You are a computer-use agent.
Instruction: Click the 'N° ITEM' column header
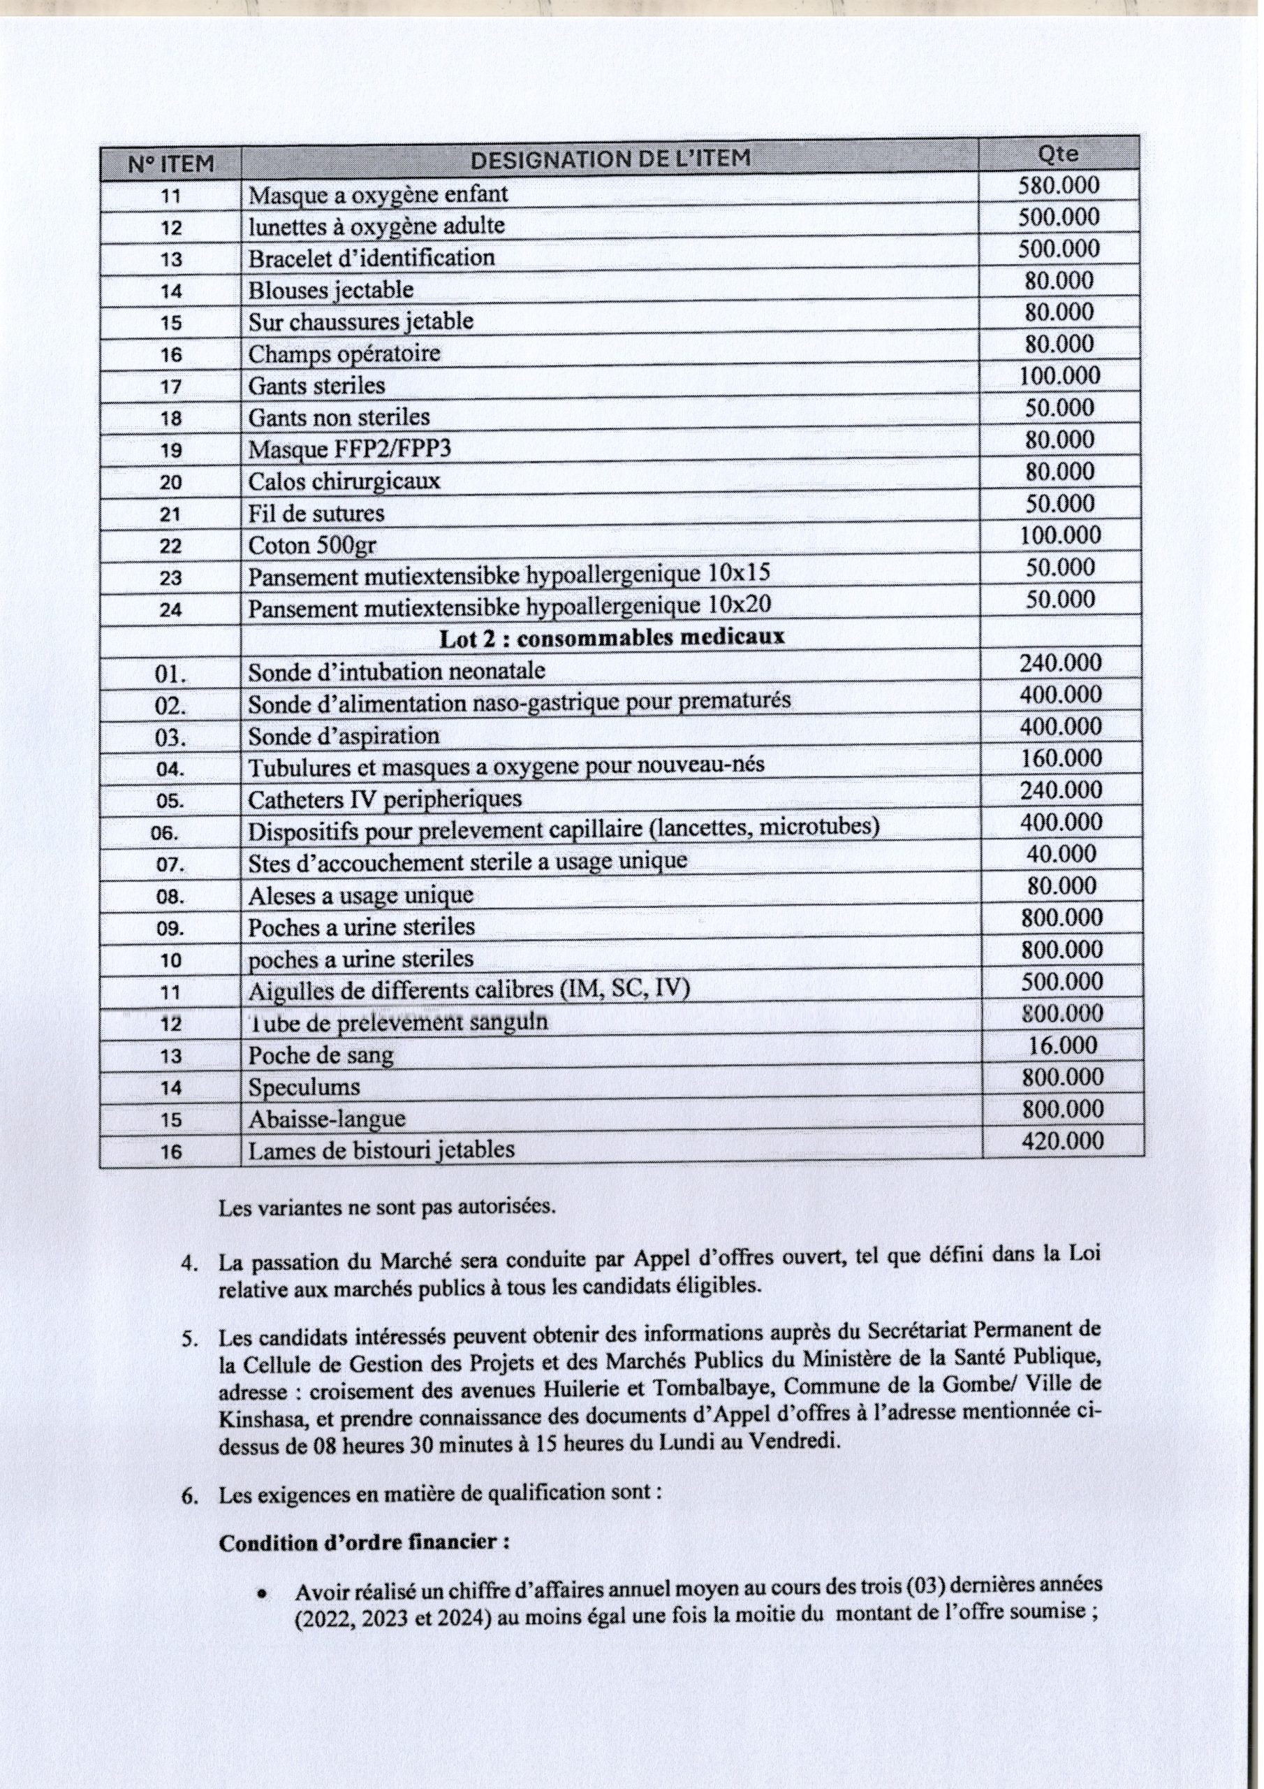[170, 164]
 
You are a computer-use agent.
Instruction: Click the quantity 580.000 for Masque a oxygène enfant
[1059, 185]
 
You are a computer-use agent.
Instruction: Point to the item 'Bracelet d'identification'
[372, 258]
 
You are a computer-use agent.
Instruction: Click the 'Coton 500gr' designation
[311, 545]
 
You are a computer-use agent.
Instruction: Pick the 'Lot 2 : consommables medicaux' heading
[612, 638]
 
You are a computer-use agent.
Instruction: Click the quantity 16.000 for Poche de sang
[1062, 1045]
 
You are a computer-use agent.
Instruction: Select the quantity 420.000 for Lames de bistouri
[1062, 1141]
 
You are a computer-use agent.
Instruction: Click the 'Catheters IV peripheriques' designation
[385, 799]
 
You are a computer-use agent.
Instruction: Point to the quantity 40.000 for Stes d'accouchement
[1061, 855]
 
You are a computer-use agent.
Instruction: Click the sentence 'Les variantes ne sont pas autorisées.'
[387, 1208]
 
